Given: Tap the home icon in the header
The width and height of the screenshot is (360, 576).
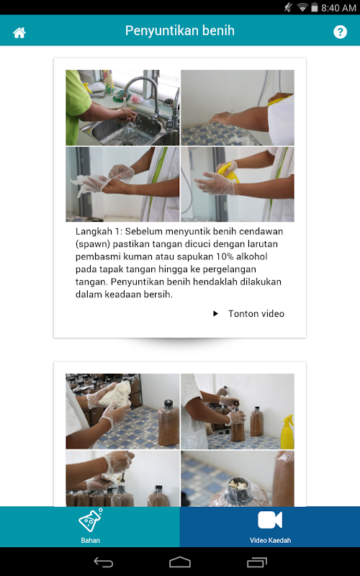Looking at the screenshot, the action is pyautogui.click(x=19, y=32).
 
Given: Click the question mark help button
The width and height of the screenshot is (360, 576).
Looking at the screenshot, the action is pyautogui.click(x=340, y=32).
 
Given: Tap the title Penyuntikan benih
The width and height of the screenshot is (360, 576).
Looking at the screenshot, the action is pyautogui.click(x=179, y=30).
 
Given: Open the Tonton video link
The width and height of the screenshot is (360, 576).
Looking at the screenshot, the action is pyautogui.click(x=256, y=313).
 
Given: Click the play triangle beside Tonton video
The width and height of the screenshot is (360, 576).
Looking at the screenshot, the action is pyautogui.click(x=215, y=313).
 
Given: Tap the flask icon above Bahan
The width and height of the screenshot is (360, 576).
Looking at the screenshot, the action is pyautogui.click(x=91, y=520).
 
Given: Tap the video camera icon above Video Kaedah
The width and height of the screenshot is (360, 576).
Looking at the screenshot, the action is pyautogui.click(x=270, y=520).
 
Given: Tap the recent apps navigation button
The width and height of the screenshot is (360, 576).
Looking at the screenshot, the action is pyautogui.click(x=257, y=562).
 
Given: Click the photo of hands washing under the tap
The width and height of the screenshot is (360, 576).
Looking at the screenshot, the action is pyautogui.click(x=122, y=107).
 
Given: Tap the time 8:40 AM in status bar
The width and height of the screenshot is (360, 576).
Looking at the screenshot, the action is pyautogui.click(x=338, y=8).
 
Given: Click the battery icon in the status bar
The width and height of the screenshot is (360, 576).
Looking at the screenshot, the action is pyautogui.click(x=314, y=7).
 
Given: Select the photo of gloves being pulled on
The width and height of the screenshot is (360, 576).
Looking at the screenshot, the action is pyautogui.click(x=122, y=184).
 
